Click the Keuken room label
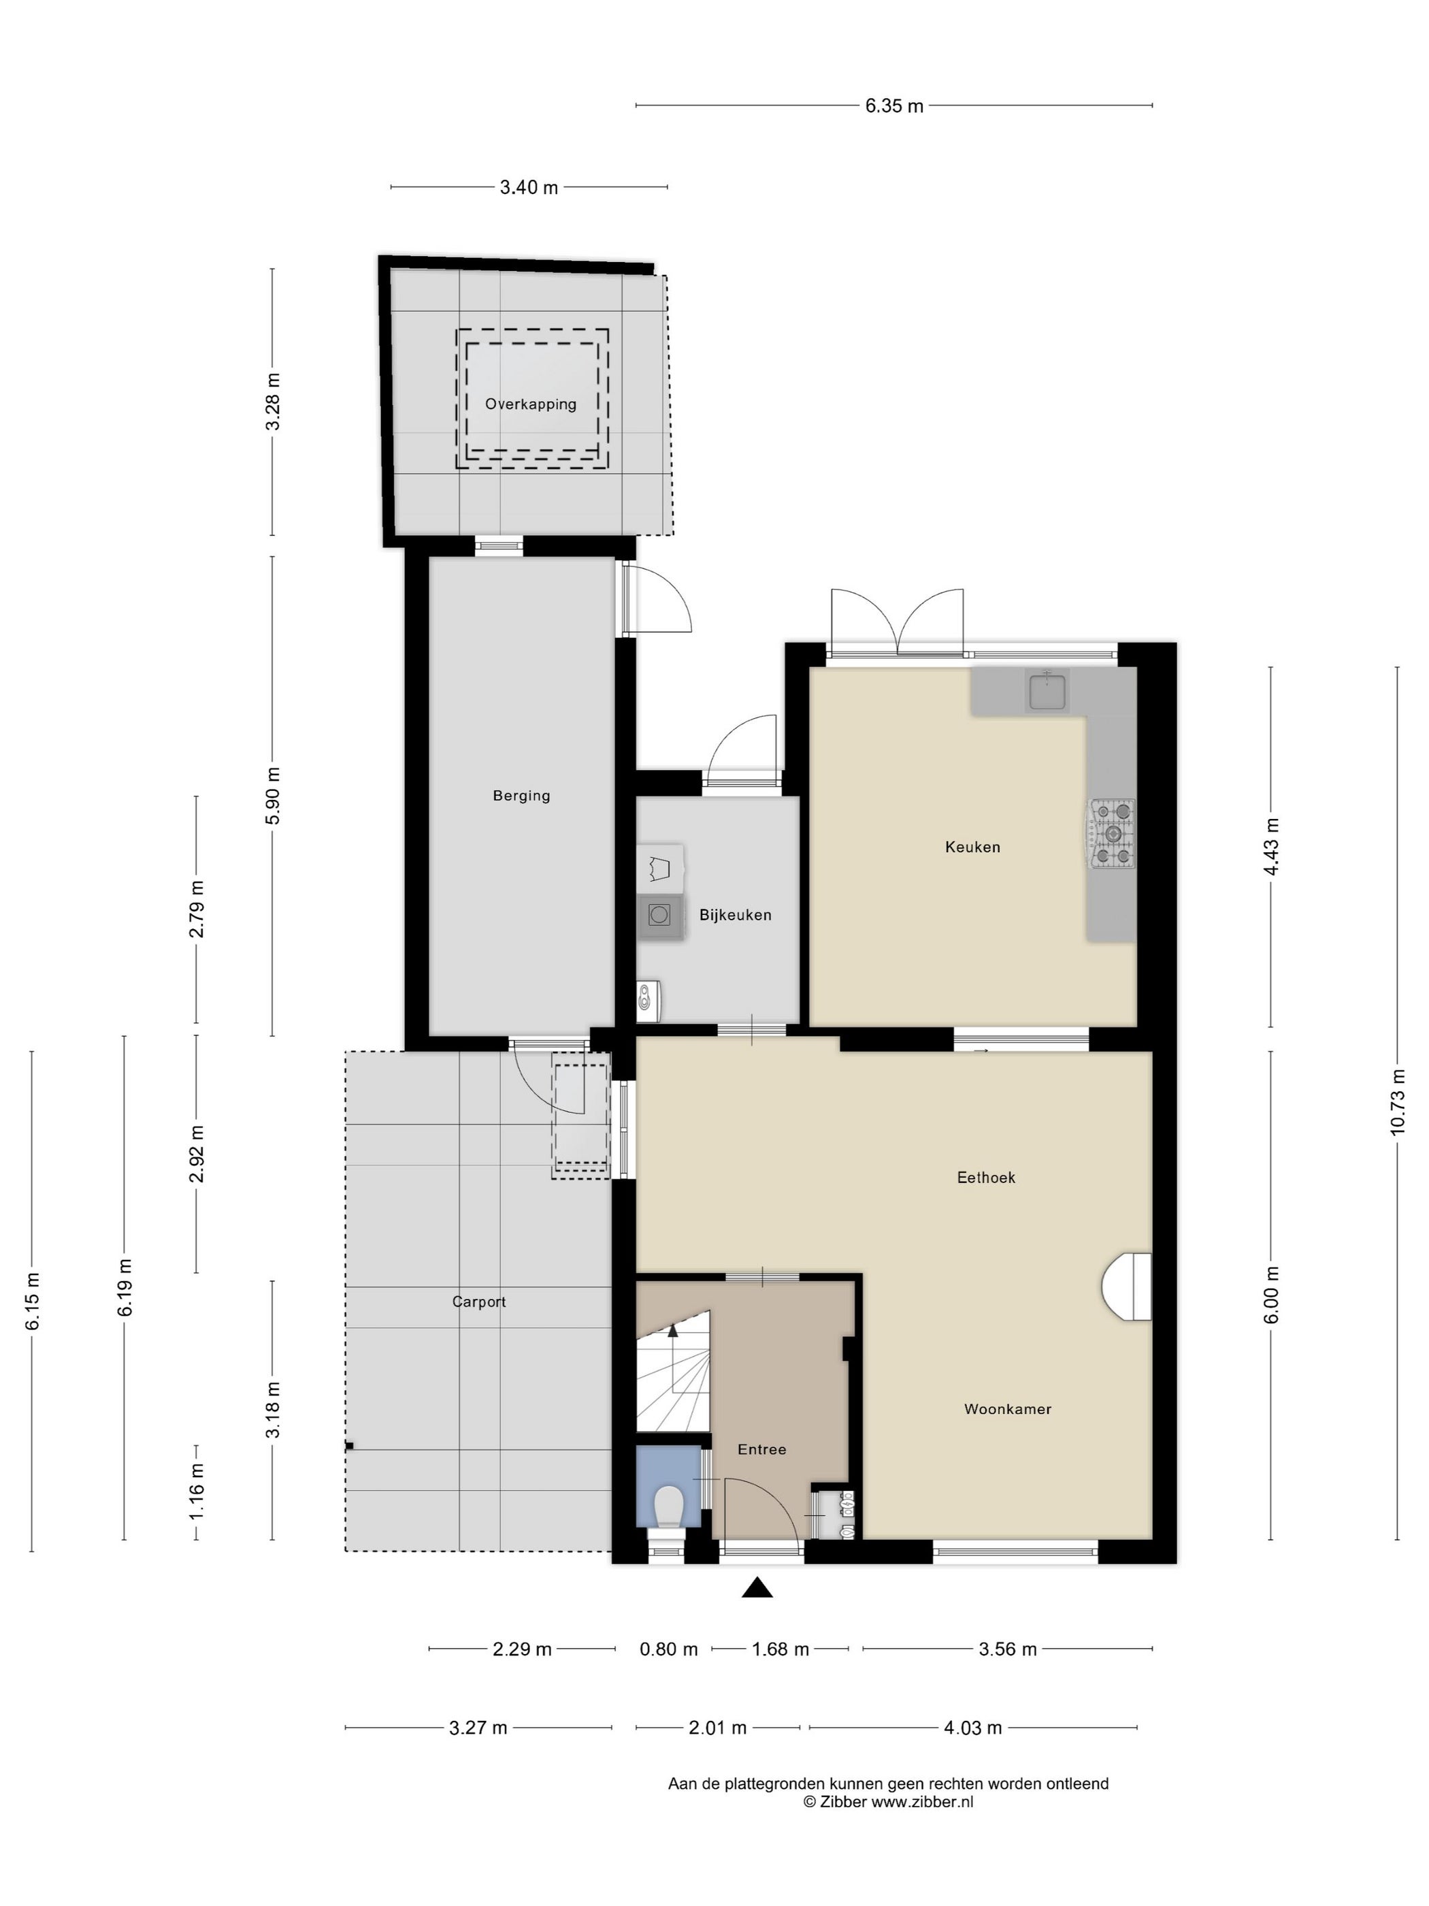coord(972,847)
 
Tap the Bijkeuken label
coord(735,915)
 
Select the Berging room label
coord(521,795)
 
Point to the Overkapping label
coord(531,404)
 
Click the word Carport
coord(479,1302)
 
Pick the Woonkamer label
coord(1008,1409)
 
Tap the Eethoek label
coord(986,1177)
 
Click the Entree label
coord(761,1449)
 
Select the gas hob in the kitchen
coord(1112,833)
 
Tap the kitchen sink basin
coord(1047,692)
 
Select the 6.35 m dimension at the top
coord(894,106)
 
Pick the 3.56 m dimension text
coord(1008,1649)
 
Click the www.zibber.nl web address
coord(923,1802)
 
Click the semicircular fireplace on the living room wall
coord(1127,1287)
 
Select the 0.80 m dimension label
coord(668,1649)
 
